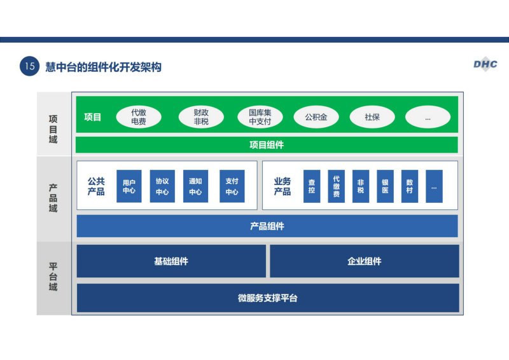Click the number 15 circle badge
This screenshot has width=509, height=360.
click(29, 66)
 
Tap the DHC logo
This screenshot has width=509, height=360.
click(485, 64)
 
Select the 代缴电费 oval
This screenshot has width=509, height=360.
click(139, 117)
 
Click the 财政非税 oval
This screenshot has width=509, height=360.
click(201, 117)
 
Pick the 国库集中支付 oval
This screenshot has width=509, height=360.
click(260, 117)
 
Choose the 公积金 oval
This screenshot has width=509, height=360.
click(316, 117)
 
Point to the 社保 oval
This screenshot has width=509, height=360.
click(372, 117)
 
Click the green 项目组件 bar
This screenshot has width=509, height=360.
click(267, 145)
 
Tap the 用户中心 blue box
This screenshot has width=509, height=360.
click(129, 186)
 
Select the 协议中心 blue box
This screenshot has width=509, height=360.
click(162, 186)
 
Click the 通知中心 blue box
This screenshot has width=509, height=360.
click(195, 186)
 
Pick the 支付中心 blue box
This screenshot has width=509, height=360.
click(232, 186)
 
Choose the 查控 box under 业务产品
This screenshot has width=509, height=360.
click(312, 186)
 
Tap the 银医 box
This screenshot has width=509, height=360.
click(386, 186)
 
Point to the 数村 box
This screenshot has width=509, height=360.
click(410, 186)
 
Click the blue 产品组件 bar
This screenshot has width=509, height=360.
click(267, 226)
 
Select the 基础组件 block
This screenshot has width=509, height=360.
click(171, 261)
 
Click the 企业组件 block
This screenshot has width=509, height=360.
click(365, 261)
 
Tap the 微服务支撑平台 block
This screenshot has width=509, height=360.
click(268, 298)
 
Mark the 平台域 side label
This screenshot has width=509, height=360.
click(53, 277)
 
